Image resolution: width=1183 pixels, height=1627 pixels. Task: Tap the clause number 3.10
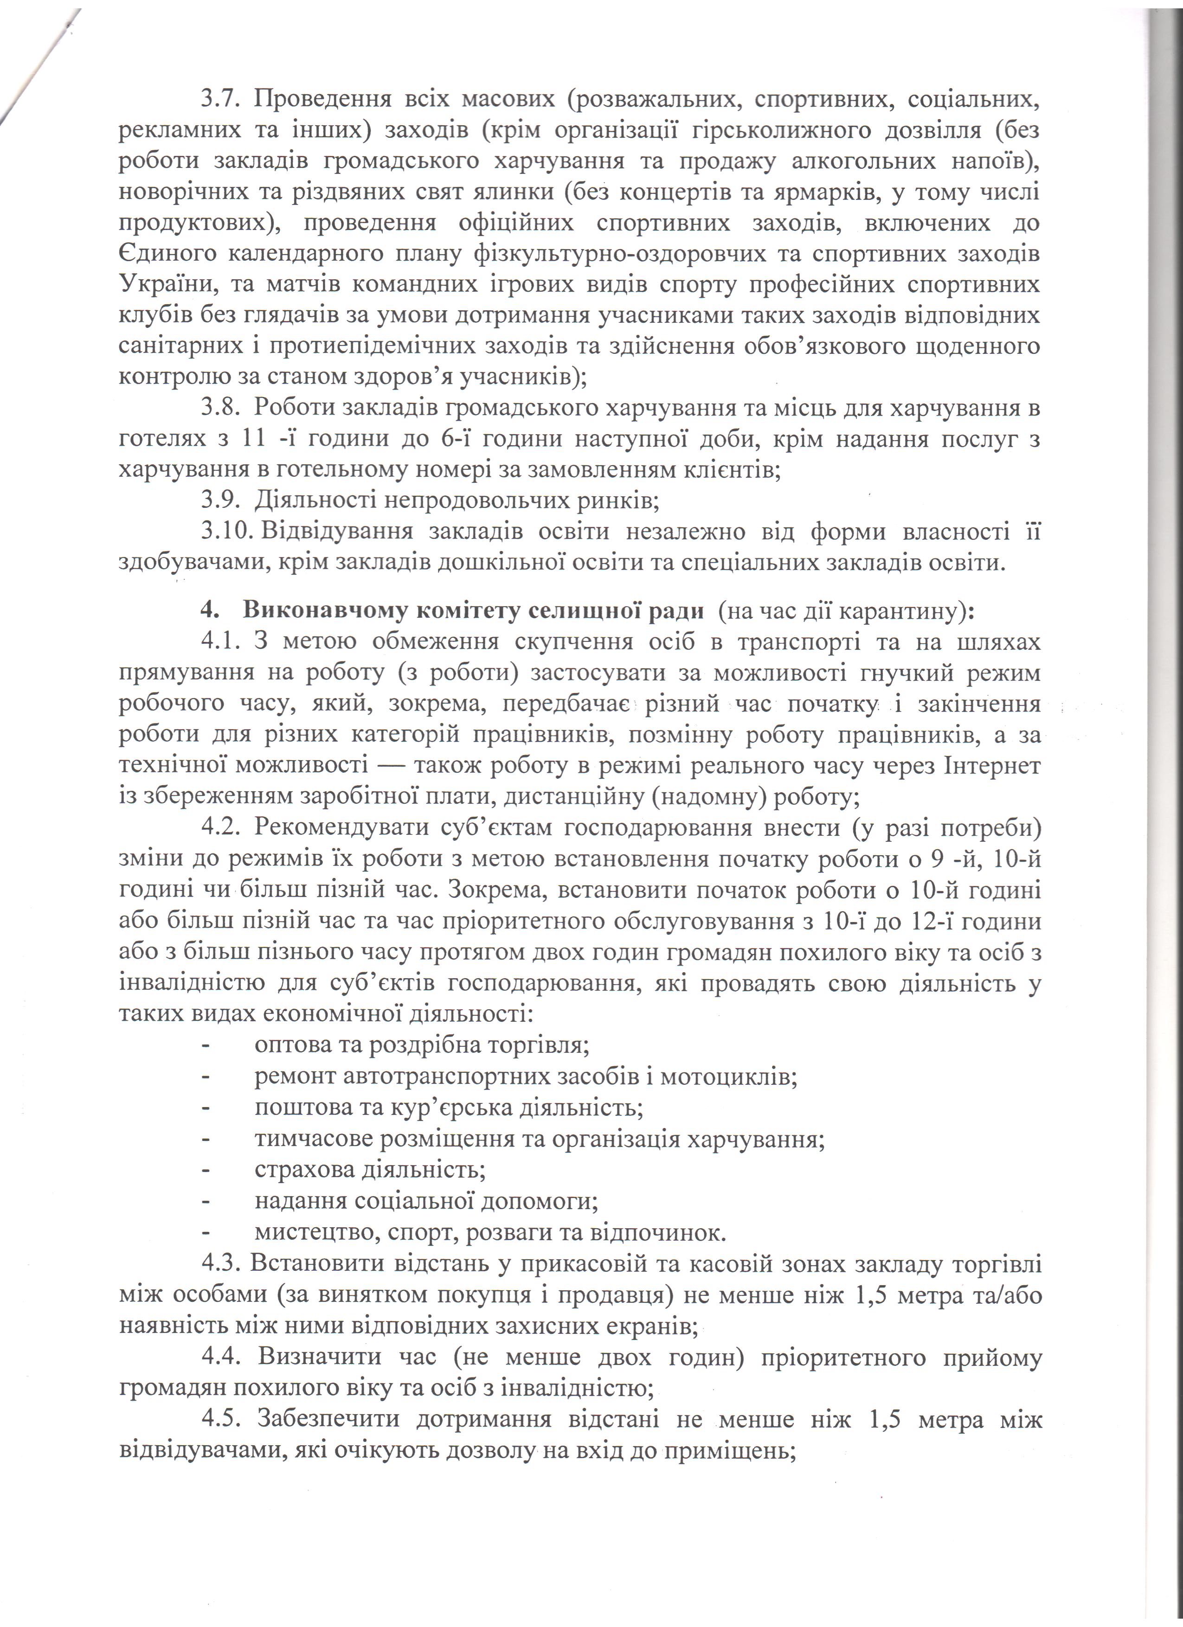[x=223, y=532]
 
